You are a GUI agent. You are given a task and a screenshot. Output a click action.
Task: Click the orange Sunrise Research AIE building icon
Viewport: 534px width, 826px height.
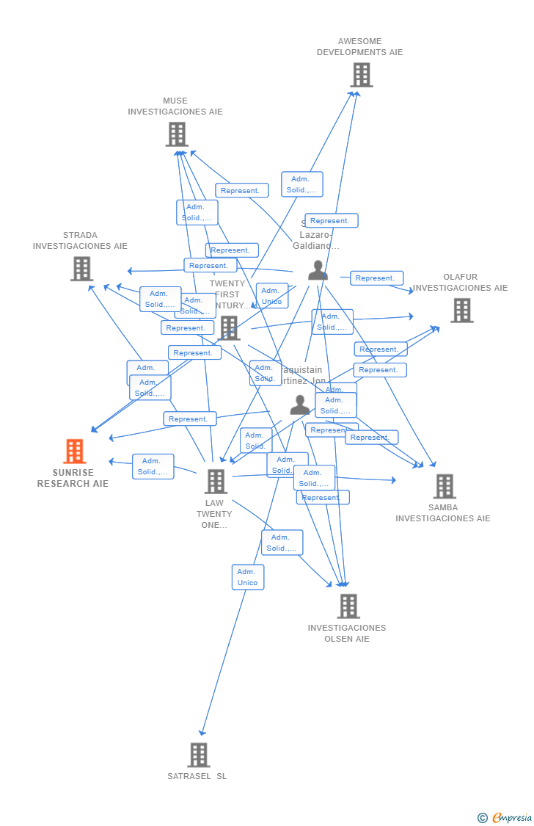pos(75,451)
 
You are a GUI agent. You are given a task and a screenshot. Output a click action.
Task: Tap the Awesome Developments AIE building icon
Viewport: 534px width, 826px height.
pos(361,75)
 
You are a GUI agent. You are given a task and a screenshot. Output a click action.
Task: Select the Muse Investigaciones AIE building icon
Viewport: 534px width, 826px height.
pos(177,134)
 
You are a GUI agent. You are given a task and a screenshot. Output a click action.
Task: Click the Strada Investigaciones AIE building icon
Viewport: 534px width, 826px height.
pos(81,269)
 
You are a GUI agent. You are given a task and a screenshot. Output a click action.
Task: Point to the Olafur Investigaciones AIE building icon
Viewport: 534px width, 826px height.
pos(461,311)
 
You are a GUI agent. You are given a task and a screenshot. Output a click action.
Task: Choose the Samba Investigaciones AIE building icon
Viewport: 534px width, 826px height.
pos(444,486)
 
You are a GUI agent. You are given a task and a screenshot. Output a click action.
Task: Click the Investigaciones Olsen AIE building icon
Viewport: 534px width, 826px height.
pos(348,606)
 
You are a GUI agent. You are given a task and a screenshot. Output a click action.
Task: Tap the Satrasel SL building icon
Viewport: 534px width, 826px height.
pos(198,755)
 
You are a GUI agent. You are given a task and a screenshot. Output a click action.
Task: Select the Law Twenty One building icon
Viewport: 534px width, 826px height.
pos(216,482)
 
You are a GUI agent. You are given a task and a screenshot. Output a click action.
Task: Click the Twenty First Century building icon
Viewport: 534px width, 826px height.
pos(230,328)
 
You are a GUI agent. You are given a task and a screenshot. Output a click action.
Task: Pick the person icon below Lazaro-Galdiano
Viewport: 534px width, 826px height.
pos(318,270)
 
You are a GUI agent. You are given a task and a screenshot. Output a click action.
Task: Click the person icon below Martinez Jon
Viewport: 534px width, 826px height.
pos(299,405)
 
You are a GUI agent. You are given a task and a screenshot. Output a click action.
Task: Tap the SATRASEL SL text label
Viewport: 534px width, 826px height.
pos(197,776)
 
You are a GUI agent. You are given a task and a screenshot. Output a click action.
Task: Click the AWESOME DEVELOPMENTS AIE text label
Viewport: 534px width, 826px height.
pos(359,47)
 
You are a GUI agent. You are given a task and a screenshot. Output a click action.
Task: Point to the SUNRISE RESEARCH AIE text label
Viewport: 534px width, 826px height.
pos(73,478)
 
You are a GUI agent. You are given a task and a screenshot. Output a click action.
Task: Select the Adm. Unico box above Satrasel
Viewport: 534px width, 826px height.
pos(248,577)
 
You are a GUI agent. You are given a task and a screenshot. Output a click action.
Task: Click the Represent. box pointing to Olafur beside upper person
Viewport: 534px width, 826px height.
pos(376,278)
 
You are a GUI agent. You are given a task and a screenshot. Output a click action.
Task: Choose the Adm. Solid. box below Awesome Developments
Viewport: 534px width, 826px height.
pos(301,184)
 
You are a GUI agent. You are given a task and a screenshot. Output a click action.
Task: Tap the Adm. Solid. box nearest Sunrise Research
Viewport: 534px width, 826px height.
pos(153,466)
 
